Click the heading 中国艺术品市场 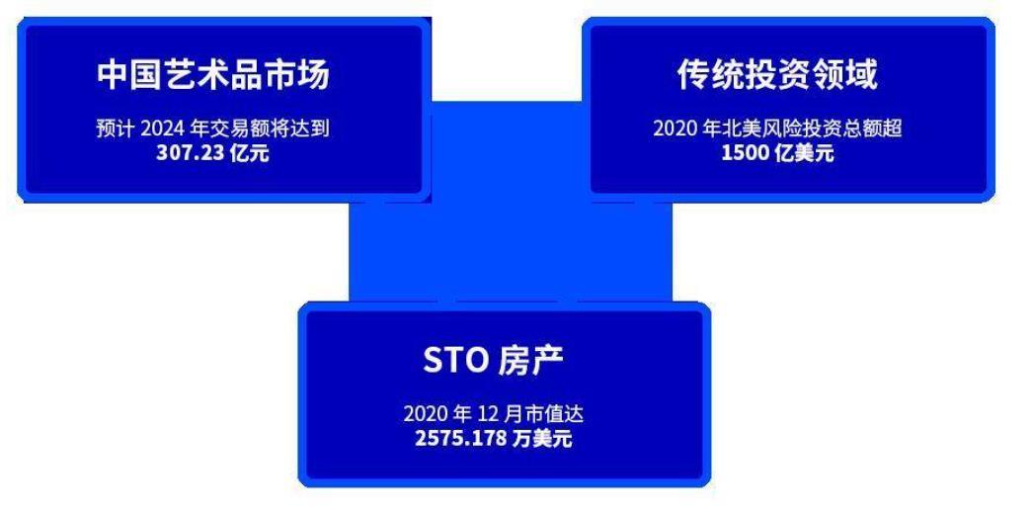213,76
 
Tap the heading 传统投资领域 777,76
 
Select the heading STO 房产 493,362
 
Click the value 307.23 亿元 212,153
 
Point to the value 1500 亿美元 777,153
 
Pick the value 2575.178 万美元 493,438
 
